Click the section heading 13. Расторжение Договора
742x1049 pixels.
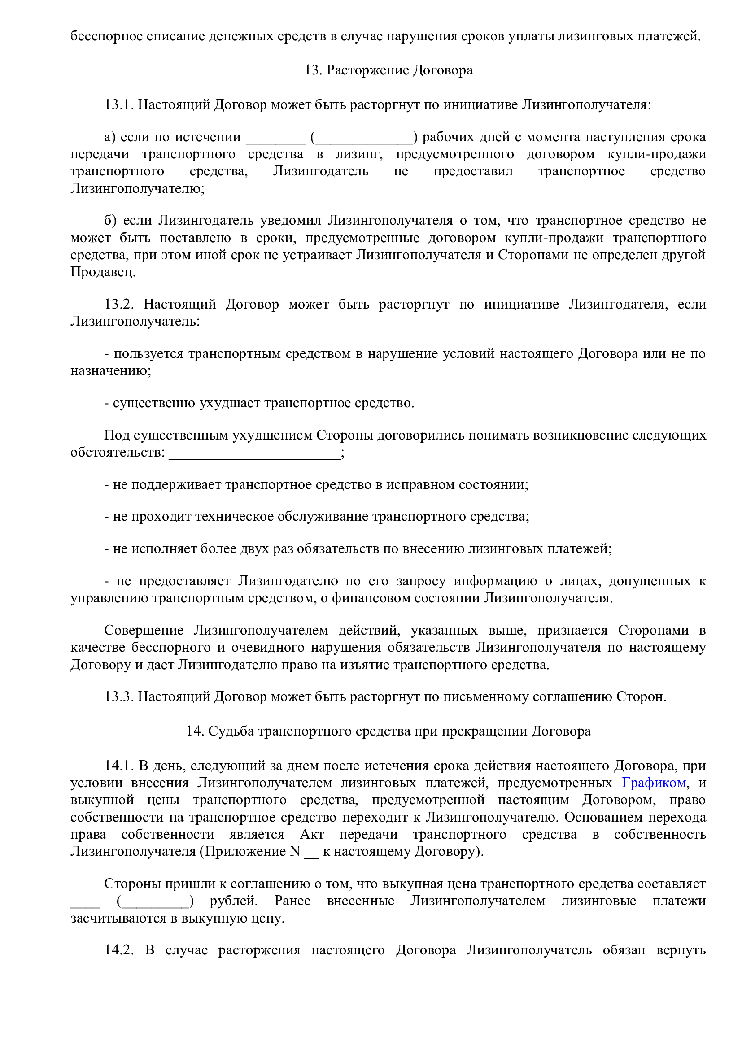[x=388, y=70]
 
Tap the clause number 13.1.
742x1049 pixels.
[x=118, y=104]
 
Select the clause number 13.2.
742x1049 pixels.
[x=118, y=304]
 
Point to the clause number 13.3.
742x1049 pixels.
[x=118, y=696]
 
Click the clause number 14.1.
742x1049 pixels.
[x=118, y=765]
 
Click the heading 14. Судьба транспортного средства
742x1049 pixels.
[x=388, y=731]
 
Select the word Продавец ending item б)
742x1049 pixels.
[x=103, y=272]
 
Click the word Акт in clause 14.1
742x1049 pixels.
[x=312, y=834]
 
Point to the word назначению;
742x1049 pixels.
[x=110, y=370]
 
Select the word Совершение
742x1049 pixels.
[x=144, y=630]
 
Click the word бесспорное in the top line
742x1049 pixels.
[x=106, y=36]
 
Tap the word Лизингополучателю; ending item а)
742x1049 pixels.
[x=137, y=188]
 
